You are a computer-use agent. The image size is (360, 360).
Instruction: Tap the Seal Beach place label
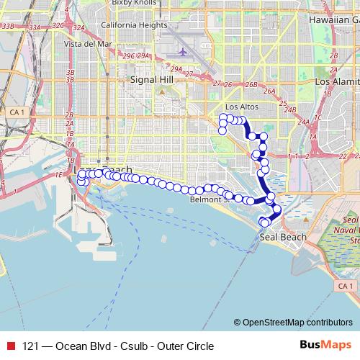point(283,237)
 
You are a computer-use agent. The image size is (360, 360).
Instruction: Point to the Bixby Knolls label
point(135,4)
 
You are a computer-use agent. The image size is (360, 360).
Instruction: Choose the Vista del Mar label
point(88,43)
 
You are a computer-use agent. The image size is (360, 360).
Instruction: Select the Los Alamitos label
point(336,82)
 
